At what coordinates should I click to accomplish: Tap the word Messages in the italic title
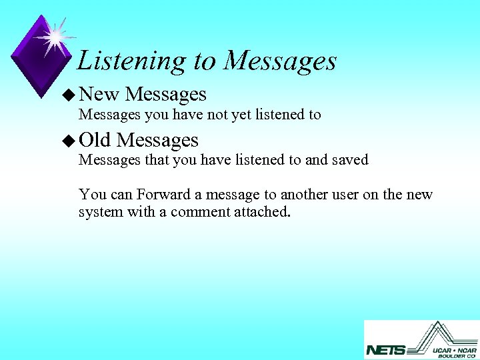[x=280, y=61]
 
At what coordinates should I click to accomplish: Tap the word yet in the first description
[x=239, y=115]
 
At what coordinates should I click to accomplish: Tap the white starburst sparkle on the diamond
[x=55, y=37]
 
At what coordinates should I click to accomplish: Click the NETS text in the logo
[x=385, y=350]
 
